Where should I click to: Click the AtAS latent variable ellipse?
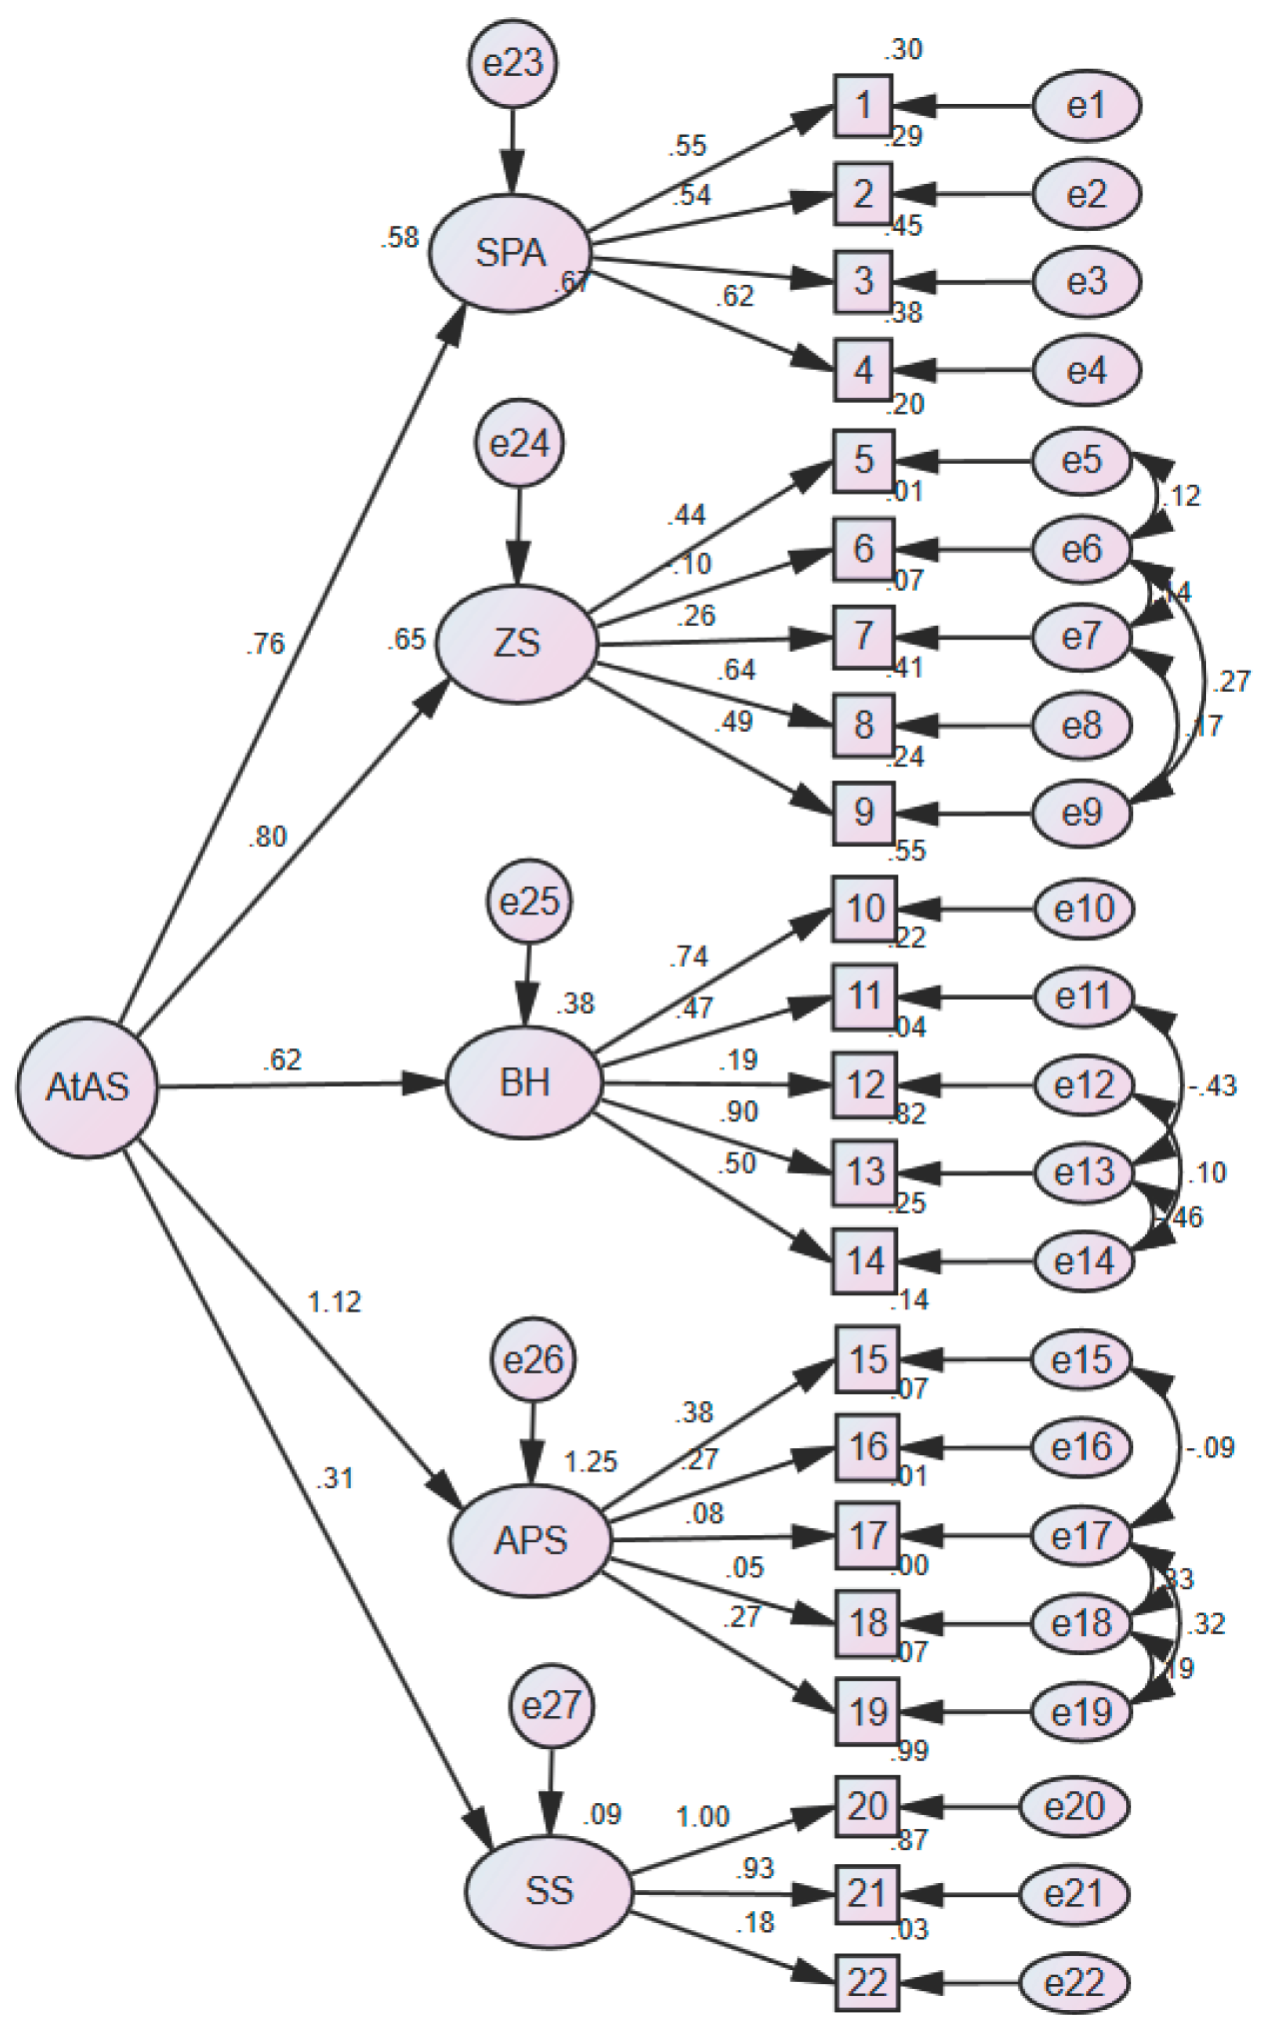tap(88, 1086)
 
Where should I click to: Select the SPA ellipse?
tap(511, 253)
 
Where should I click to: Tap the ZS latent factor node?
tap(517, 643)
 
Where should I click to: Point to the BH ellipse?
tap(525, 1082)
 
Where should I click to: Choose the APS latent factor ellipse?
tap(530, 1540)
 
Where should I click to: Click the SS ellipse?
tap(549, 1890)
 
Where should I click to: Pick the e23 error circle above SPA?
tap(513, 64)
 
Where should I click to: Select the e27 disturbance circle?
tap(552, 1705)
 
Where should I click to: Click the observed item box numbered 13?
tap(865, 1171)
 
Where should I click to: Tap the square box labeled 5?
tap(863, 461)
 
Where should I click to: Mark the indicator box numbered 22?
tap(866, 1982)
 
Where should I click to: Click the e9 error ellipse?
tap(1081, 813)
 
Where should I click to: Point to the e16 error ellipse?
tap(1081, 1446)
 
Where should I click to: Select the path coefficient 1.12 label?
tap(335, 1302)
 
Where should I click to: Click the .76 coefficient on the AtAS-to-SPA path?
tap(266, 644)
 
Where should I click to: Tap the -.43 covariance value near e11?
tap(1212, 1085)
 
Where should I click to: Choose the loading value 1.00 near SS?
tap(702, 1816)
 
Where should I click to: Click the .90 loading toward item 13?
tap(738, 1111)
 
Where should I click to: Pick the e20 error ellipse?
tap(1074, 1806)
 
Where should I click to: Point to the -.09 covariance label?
tap(1210, 1447)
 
